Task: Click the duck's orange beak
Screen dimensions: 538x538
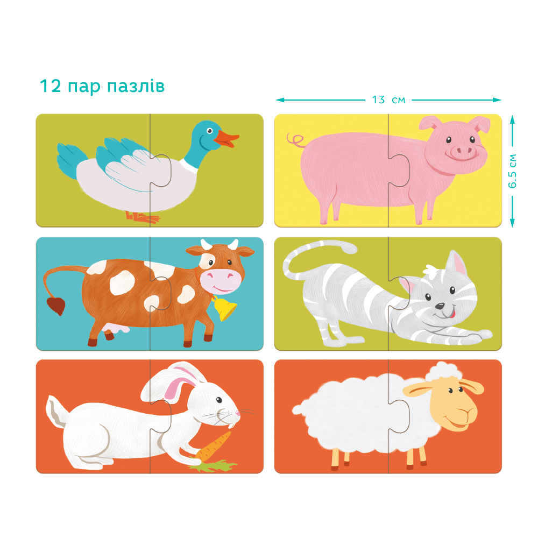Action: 225,139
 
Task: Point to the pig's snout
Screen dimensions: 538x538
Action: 463,151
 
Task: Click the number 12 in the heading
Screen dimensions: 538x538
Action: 51,86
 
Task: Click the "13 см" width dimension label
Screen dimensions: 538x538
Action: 388,100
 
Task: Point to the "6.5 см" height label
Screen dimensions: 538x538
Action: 512,171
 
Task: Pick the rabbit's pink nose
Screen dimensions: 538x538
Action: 238,413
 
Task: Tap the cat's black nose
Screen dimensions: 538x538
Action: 440,306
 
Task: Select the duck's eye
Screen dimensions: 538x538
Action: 209,131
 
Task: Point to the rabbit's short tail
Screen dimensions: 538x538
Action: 55,410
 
